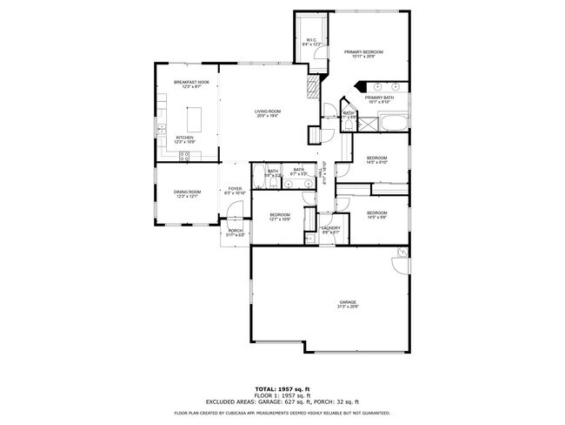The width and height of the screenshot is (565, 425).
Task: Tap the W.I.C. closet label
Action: tap(311, 41)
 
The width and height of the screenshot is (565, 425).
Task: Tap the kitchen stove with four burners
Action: tap(184, 156)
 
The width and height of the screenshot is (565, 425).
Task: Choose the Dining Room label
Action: tap(187, 193)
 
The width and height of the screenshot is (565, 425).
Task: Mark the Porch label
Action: tap(235, 233)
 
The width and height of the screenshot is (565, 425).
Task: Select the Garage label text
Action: tap(348, 305)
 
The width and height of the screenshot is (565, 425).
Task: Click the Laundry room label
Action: tap(330, 230)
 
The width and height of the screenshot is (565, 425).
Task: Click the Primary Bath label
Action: tap(380, 99)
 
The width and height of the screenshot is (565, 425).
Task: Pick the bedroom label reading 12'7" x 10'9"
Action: tap(279, 217)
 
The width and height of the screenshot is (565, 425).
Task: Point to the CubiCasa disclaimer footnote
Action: tap(282, 413)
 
